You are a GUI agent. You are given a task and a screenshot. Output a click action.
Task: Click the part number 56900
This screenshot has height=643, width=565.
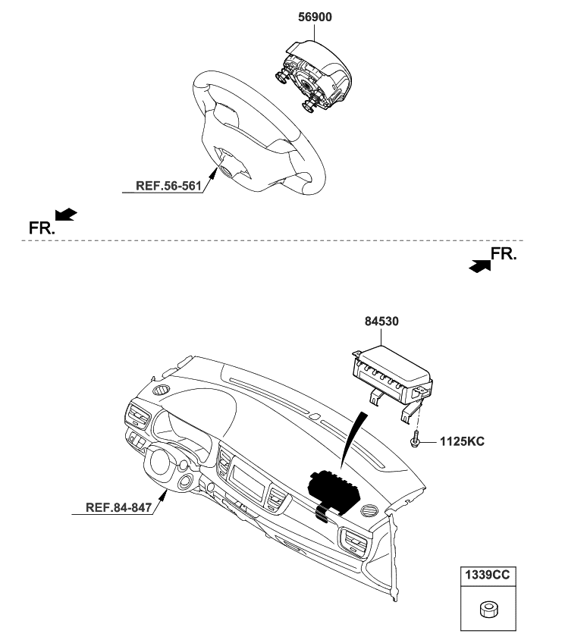(315, 17)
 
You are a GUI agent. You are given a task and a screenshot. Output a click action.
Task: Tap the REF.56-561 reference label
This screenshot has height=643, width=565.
(168, 186)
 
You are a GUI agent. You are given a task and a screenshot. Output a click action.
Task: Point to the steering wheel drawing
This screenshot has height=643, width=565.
(259, 132)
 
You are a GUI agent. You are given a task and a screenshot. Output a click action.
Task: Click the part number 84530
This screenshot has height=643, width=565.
(381, 321)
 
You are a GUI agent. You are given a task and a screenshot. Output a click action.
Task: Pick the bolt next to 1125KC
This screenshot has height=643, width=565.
(414, 439)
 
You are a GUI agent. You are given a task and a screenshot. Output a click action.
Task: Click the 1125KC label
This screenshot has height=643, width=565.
(462, 441)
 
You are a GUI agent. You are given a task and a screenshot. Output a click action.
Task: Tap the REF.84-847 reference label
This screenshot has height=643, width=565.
(118, 507)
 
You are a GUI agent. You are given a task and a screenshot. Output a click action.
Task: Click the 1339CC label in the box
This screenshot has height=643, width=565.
(488, 575)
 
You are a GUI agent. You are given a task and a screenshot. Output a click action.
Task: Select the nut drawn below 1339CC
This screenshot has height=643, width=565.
(488, 609)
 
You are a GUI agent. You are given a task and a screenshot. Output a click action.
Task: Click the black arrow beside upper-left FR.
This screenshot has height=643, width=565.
(66, 215)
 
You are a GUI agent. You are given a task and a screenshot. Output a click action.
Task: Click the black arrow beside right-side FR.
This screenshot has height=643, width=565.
(480, 266)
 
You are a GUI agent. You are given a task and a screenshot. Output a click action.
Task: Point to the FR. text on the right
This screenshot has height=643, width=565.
(504, 254)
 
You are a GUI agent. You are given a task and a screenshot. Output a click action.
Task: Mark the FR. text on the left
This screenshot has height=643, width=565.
(42, 228)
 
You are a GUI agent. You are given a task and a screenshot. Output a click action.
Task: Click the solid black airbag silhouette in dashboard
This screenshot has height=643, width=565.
(334, 491)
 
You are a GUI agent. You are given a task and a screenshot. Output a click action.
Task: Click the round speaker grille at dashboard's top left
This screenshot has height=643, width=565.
(161, 390)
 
